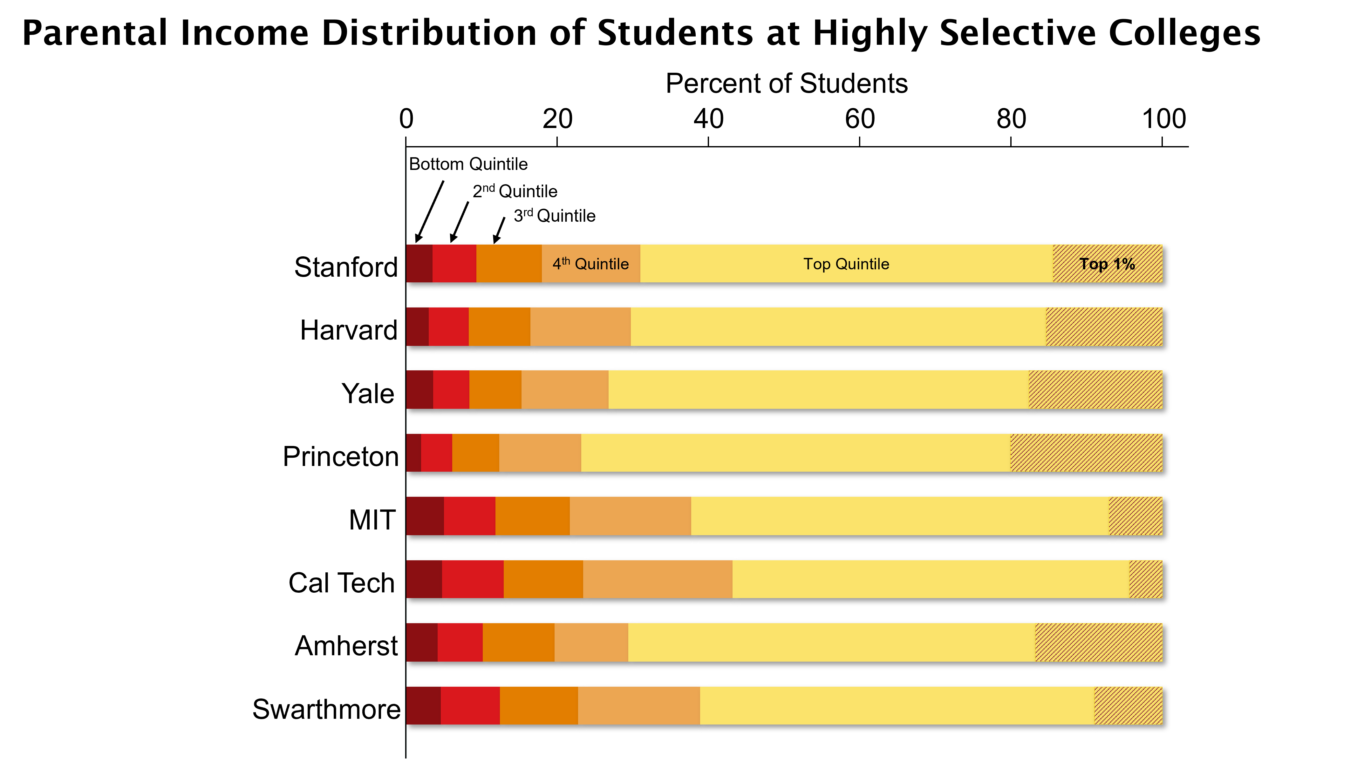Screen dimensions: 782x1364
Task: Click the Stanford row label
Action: click(x=346, y=267)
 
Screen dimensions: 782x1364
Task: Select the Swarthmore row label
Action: click(x=327, y=709)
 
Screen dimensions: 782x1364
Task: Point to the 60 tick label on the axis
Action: click(x=860, y=119)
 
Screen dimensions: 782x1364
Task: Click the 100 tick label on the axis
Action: click(x=1163, y=119)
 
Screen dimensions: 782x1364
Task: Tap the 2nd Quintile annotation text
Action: click(x=515, y=191)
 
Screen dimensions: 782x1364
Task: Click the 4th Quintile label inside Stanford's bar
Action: click(x=590, y=264)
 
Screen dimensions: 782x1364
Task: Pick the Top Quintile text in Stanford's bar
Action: click(x=846, y=264)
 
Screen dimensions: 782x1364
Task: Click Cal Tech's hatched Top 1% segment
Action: click(x=1145, y=579)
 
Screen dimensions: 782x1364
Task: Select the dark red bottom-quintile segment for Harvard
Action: click(x=417, y=327)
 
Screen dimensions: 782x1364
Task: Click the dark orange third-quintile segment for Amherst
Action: click(x=518, y=642)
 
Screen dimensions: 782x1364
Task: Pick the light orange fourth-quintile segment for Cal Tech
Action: click(x=658, y=579)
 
